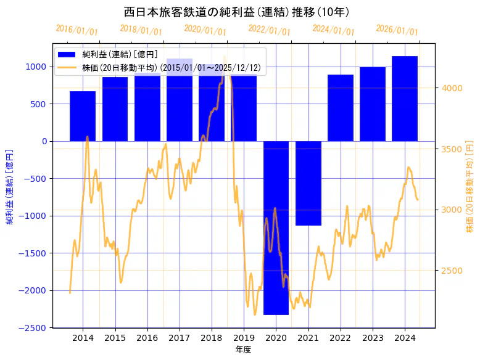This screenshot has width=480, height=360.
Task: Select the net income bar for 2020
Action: [276, 228]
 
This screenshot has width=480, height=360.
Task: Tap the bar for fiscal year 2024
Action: [405, 99]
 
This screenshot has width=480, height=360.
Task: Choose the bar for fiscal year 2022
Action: [341, 108]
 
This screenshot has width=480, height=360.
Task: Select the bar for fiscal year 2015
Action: [115, 109]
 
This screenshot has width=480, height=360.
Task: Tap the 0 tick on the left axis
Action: [45, 141]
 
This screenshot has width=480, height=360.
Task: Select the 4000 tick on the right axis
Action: [452, 88]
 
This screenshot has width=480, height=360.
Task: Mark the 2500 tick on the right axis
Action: [452, 271]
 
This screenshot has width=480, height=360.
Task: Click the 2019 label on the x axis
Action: [244, 338]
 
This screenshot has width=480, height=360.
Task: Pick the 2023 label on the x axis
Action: [373, 338]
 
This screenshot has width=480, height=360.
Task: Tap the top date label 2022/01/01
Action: [269, 30]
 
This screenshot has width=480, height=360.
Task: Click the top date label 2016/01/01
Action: [77, 30]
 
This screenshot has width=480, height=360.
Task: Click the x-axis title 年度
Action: [243, 350]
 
